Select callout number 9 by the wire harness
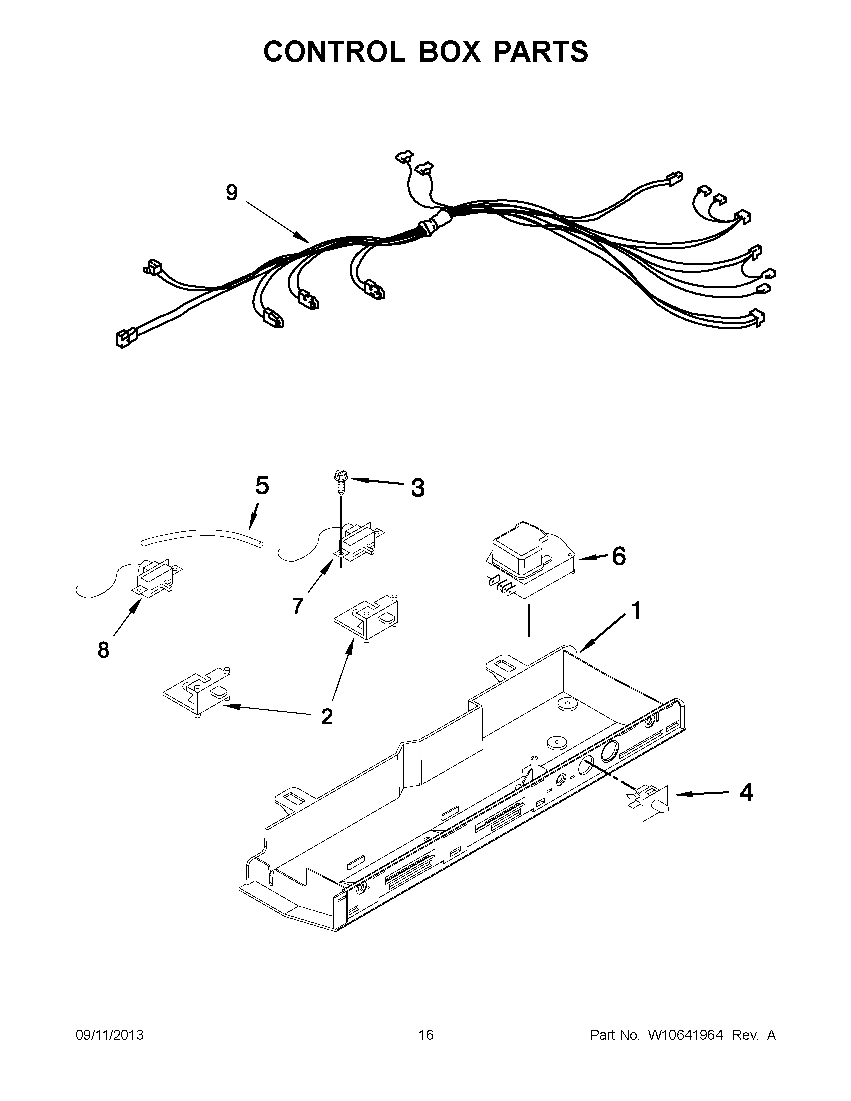click(232, 192)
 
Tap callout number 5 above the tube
click(262, 486)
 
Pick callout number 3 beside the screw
click(417, 488)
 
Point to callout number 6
click(618, 556)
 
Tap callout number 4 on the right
click(746, 793)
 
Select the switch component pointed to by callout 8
click(154, 578)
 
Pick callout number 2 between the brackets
click(327, 716)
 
